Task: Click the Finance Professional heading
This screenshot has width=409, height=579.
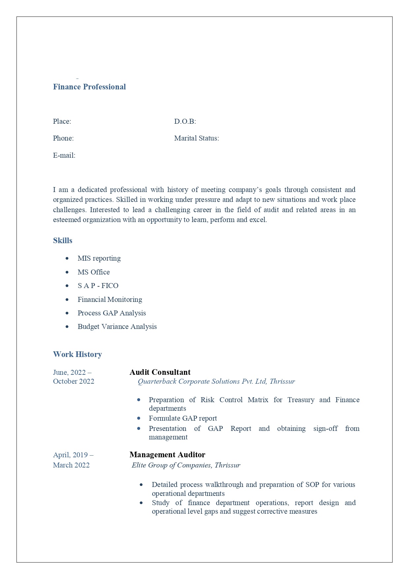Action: (89, 87)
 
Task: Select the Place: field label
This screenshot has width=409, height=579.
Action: (62, 121)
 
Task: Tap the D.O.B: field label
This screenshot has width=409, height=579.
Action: (185, 121)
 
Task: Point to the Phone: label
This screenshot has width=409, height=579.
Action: (63, 138)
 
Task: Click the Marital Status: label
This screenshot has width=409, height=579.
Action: (196, 138)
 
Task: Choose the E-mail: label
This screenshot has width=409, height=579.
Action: (64, 155)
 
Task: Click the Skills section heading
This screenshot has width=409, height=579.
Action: (63, 241)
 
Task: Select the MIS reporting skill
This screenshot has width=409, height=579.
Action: (99, 258)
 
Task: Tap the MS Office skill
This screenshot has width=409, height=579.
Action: (94, 272)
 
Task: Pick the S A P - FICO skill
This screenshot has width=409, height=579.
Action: (98, 286)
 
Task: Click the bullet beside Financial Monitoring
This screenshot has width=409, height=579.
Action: (67, 300)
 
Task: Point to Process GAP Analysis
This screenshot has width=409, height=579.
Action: (112, 313)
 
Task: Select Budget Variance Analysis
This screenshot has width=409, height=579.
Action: (117, 327)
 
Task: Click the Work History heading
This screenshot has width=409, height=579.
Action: (77, 354)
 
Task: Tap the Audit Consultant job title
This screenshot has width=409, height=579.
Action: (160, 372)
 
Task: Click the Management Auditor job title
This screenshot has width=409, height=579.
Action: (167, 455)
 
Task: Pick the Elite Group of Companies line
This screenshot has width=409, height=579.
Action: (186, 465)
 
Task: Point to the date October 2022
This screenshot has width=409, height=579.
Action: (73, 381)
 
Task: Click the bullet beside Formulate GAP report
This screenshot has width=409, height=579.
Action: (139, 418)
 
